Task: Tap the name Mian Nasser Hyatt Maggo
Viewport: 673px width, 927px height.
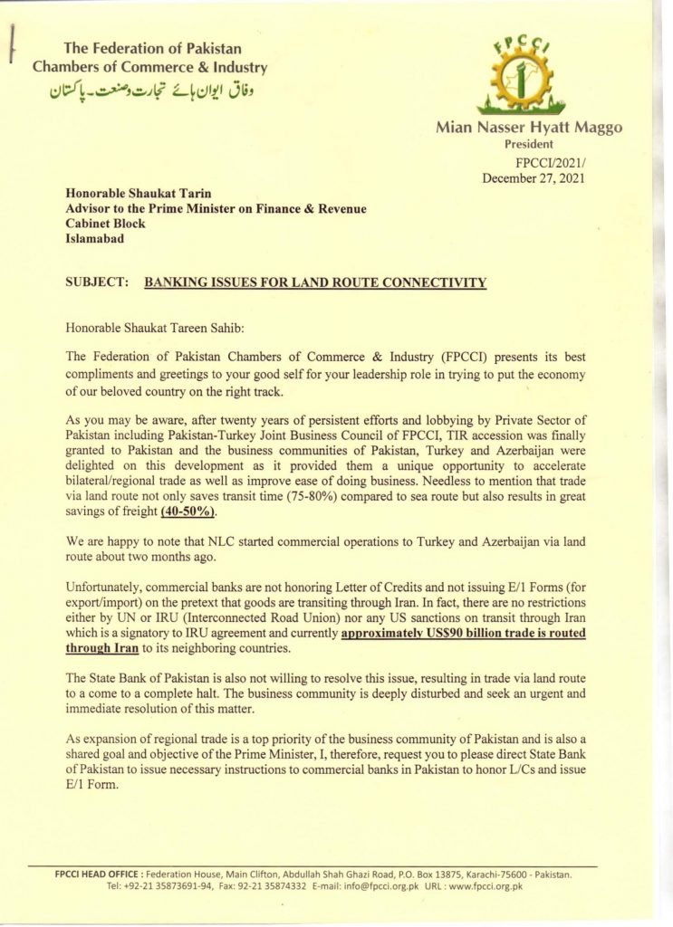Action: (529, 129)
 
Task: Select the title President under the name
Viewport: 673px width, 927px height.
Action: (529, 144)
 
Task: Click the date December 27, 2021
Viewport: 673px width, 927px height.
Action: (534, 177)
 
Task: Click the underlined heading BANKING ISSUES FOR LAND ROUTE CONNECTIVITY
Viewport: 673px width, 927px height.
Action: (315, 282)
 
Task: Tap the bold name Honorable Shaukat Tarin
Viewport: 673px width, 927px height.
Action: (136, 193)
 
